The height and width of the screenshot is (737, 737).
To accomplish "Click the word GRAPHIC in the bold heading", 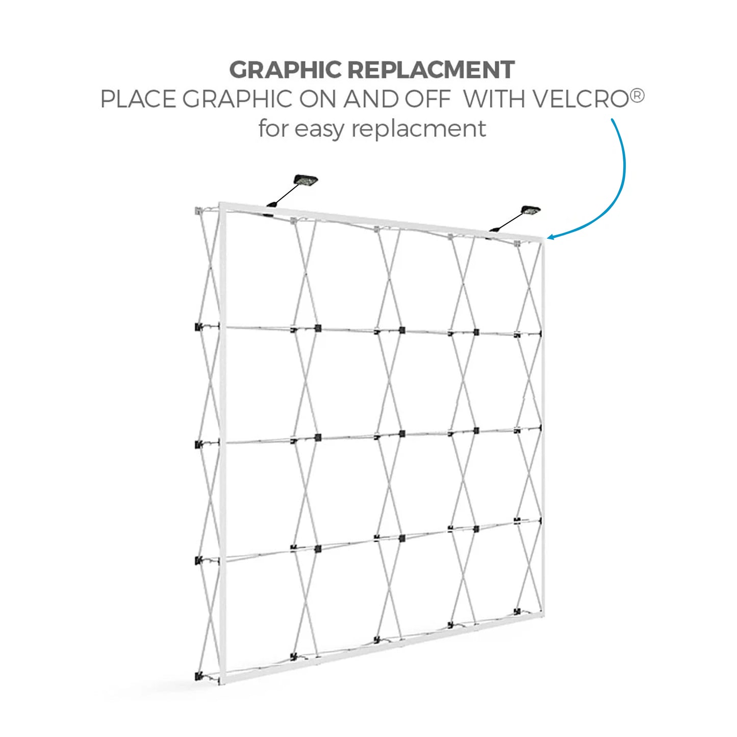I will [285, 70].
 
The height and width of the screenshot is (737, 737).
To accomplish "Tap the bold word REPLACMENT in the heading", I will [431, 70].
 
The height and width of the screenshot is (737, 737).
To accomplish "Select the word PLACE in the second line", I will [138, 99].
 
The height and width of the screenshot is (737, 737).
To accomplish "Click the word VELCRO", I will [580, 99].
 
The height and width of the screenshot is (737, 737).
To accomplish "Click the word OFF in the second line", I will [427, 99].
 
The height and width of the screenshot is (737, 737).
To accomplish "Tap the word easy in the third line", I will [319, 129].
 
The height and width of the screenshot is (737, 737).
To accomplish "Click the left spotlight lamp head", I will [305, 181].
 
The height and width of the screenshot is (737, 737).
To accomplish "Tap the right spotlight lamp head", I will [530, 211].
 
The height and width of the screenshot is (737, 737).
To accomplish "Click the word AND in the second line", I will [370, 99].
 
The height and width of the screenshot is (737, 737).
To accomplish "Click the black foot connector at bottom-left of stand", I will [198, 676].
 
